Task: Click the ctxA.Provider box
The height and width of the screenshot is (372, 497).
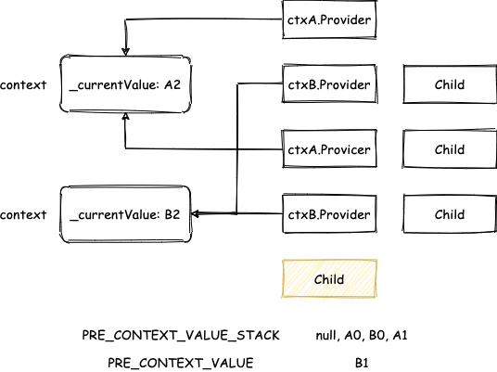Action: (x=329, y=19)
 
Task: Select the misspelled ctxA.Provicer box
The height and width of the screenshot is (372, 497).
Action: (x=329, y=148)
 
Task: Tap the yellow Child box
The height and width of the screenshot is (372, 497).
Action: (x=329, y=278)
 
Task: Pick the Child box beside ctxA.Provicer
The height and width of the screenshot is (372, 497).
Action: (x=450, y=148)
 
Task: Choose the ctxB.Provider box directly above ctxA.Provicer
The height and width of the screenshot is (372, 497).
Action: (x=329, y=83)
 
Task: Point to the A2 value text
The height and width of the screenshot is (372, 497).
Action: (x=172, y=84)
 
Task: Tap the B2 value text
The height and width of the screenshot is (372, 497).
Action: (x=172, y=214)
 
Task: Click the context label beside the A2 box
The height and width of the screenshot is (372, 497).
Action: (x=23, y=85)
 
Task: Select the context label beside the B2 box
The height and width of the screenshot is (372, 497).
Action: (x=23, y=214)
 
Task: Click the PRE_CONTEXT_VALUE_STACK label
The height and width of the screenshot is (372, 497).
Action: (x=181, y=335)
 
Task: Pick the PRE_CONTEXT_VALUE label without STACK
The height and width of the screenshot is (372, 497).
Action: (x=181, y=363)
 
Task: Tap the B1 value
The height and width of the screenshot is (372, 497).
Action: (x=362, y=362)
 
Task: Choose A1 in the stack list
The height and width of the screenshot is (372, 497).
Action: (x=400, y=335)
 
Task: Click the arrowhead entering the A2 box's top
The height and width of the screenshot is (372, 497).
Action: (x=126, y=52)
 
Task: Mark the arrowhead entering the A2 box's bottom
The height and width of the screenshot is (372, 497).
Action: (x=126, y=117)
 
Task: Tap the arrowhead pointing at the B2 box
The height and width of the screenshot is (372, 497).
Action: (x=196, y=213)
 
